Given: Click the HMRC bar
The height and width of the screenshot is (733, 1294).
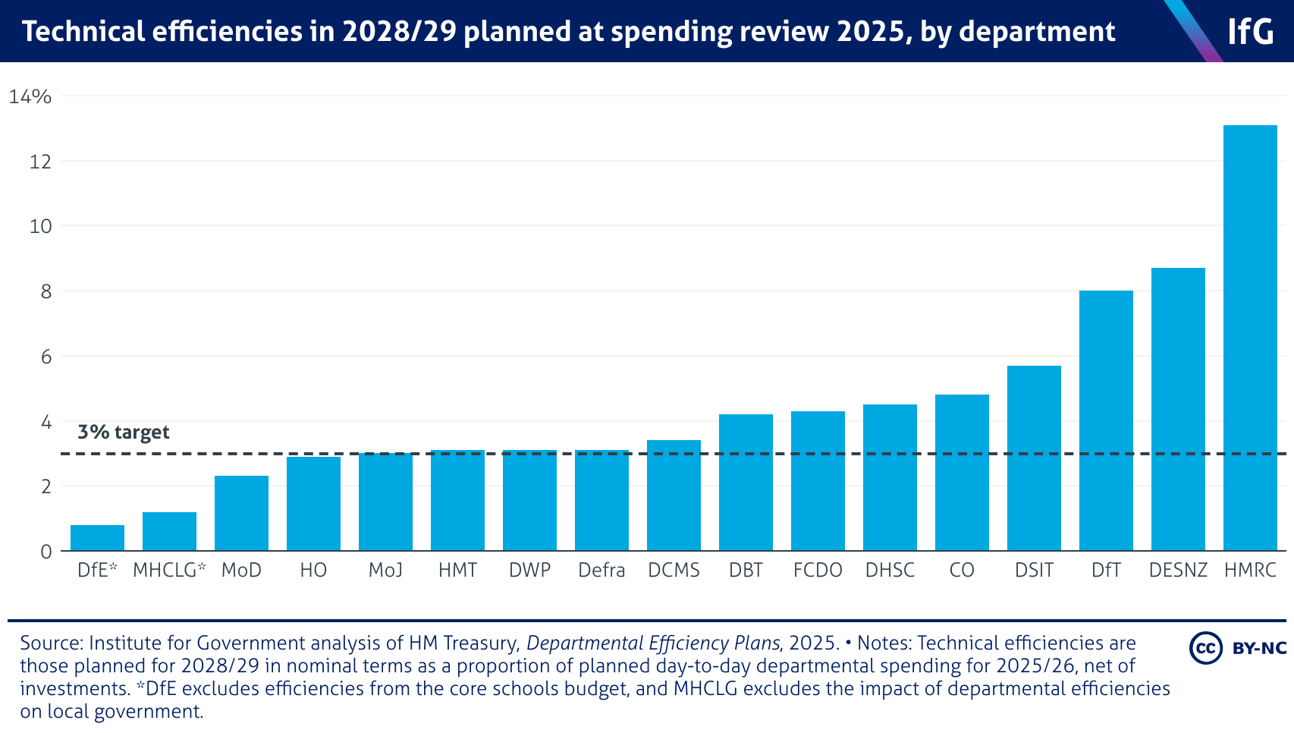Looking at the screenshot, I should click(1250, 338).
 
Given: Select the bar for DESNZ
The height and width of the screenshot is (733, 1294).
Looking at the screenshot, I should click(1178, 409).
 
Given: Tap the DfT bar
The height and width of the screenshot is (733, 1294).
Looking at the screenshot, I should click(1106, 420).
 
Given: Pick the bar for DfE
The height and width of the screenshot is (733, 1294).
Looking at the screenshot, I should click(97, 538).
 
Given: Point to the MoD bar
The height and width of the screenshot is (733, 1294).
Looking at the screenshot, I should click(241, 513).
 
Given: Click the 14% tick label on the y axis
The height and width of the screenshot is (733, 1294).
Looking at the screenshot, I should click(30, 96).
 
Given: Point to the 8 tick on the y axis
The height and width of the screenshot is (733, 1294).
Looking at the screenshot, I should click(46, 291).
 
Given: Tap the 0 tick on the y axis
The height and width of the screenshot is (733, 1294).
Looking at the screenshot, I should click(46, 552).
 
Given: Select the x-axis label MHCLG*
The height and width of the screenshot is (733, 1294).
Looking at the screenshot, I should click(169, 571).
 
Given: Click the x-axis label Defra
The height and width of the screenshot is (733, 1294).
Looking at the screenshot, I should click(601, 571).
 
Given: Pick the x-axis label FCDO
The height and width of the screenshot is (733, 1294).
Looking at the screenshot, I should click(818, 571).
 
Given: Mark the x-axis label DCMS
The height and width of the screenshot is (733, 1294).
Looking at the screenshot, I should click(674, 571).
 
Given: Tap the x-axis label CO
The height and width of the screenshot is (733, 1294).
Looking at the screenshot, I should click(962, 571).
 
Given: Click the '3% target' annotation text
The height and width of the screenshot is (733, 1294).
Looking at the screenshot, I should click(124, 433).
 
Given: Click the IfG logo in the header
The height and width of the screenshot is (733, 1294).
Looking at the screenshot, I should click(1251, 32).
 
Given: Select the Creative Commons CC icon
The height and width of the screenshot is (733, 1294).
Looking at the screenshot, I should click(1205, 648).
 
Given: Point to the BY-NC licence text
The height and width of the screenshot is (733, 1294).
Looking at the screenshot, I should click(1259, 648).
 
